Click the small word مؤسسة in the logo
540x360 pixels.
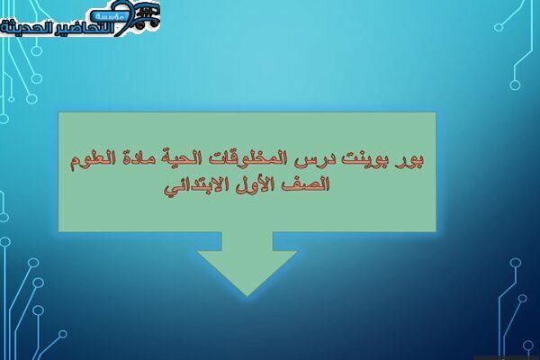click(x=108, y=15)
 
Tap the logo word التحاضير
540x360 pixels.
click(x=85, y=29)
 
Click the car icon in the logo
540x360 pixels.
click(x=147, y=16)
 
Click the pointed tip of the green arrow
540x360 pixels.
click(x=247, y=295)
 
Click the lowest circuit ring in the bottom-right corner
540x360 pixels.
click(x=528, y=345)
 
